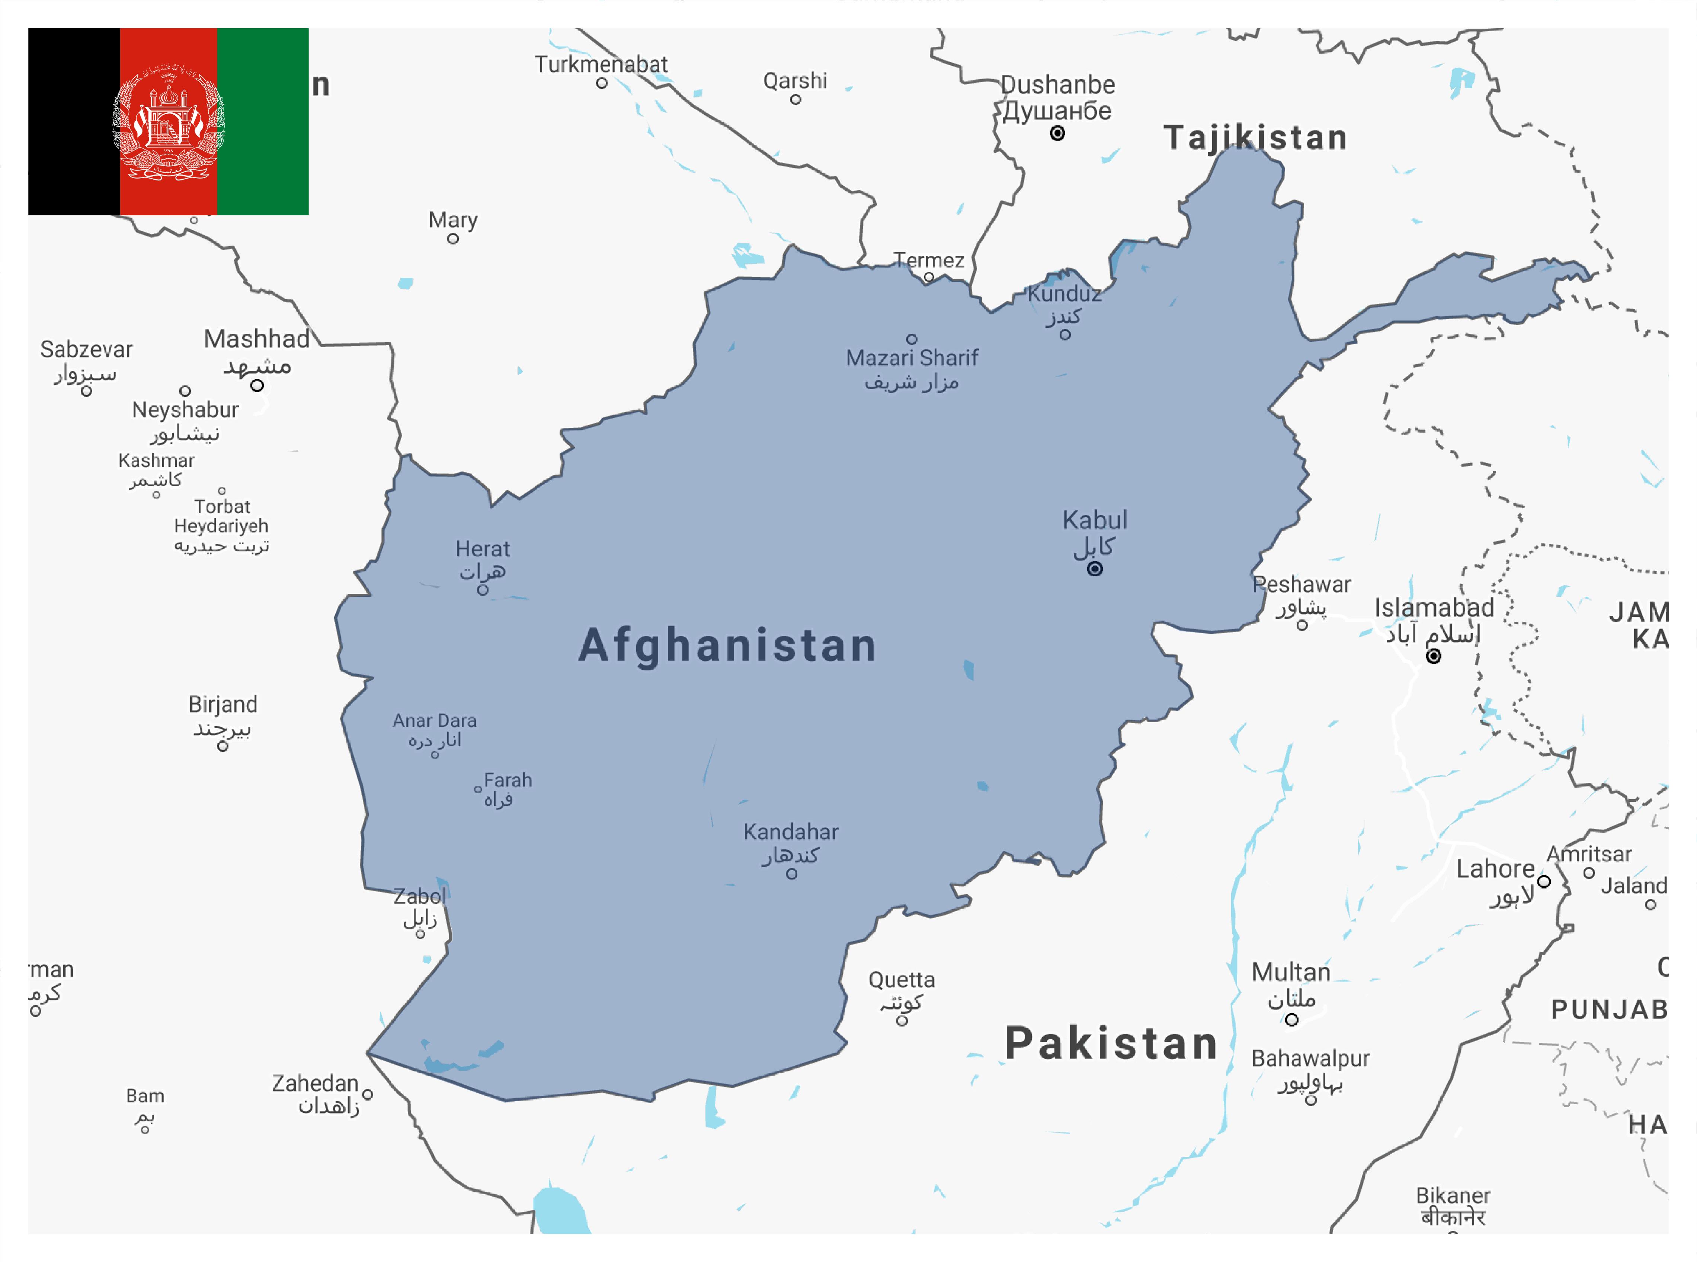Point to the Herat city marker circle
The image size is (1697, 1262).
click(x=483, y=590)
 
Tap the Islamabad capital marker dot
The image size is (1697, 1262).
click(x=1434, y=656)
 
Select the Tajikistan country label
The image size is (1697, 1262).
click(x=1256, y=138)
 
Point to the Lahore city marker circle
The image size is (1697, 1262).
click(x=1543, y=881)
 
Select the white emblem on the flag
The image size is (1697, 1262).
click(x=169, y=122)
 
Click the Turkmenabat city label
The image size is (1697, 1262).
click(x=601, y=64)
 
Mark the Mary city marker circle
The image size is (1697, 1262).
click(x=453, y=239)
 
